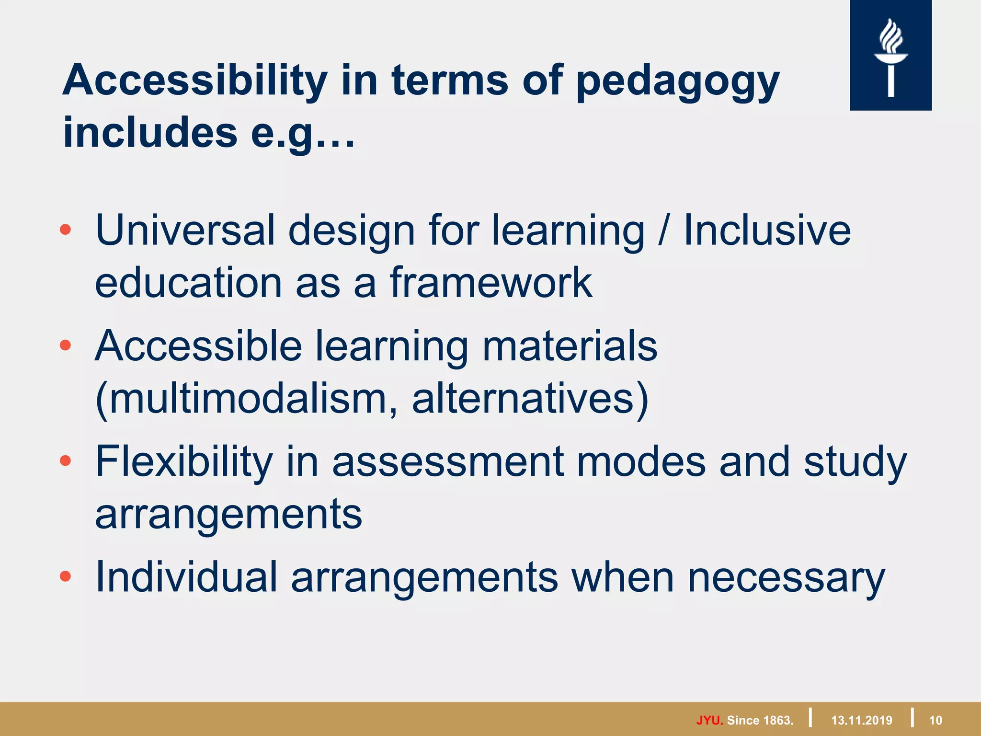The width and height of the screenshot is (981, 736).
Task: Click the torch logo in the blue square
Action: coord(890,57)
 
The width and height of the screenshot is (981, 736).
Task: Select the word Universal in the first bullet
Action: coord(185,230)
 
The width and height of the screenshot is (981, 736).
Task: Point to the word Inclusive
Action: coord(767,230)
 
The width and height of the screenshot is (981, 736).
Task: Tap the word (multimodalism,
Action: coord(246,399)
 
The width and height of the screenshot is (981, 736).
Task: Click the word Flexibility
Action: coord(184,462)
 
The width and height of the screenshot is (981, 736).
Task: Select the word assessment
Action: coord(448,462)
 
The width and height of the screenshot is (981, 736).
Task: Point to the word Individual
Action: coord(186,577)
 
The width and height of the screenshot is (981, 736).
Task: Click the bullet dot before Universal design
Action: coord(66,230)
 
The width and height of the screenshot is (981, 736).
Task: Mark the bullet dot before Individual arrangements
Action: coord(66,576)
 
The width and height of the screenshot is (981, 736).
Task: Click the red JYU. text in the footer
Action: coord(709,720)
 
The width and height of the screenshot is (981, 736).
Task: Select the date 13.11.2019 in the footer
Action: coord(862,720)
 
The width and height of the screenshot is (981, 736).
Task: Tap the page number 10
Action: coord(935,720)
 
